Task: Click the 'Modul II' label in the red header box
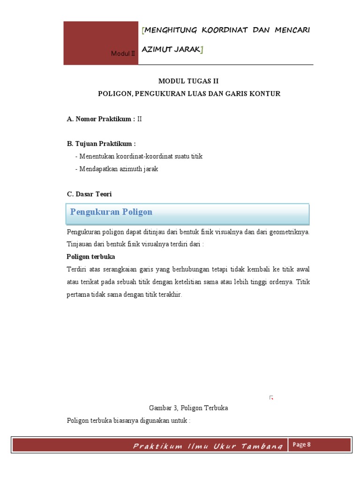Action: tap(123, 54)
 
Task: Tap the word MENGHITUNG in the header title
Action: tap(171, 30)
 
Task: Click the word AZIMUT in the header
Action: tap(157, 49)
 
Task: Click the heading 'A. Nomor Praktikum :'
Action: tap(101, 119)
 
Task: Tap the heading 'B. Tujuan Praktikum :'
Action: tap(101, 144)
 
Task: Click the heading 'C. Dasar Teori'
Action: tap(90, 194)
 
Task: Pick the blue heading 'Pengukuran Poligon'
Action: tap(111, 212)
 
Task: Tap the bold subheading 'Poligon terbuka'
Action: tap(90, 257)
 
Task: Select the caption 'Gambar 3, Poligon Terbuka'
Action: tap(188, 408)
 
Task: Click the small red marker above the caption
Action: tap(271, 398)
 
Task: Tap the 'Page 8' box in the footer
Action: tap(302, 445)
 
